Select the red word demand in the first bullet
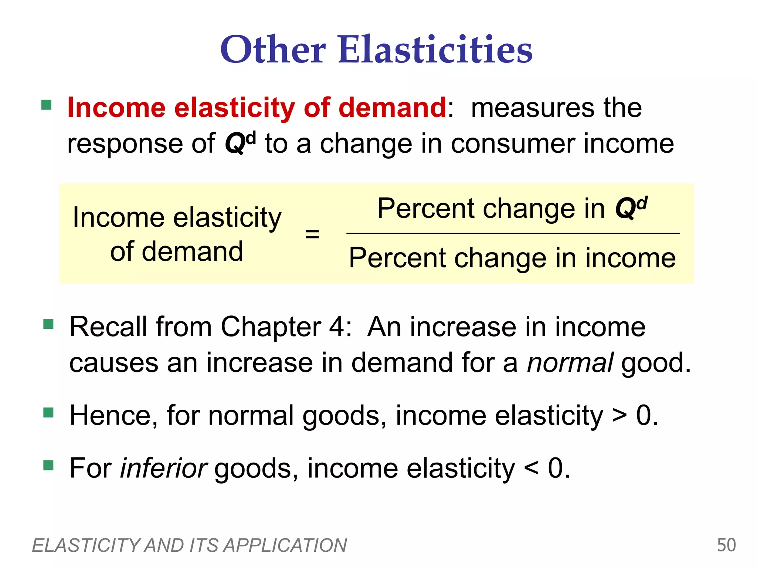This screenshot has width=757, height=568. click(392, 108)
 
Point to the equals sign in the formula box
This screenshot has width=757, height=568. click(312, 234)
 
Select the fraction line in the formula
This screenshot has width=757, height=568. click(513, 233)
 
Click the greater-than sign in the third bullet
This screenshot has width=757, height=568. click(619, 416)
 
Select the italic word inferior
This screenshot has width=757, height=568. click(163, 468)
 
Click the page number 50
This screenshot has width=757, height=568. click(726, 545)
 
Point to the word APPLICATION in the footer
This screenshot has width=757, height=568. click(285, 545)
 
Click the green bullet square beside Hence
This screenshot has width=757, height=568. click(48, 412)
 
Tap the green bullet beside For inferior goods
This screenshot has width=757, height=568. click(48, 465)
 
